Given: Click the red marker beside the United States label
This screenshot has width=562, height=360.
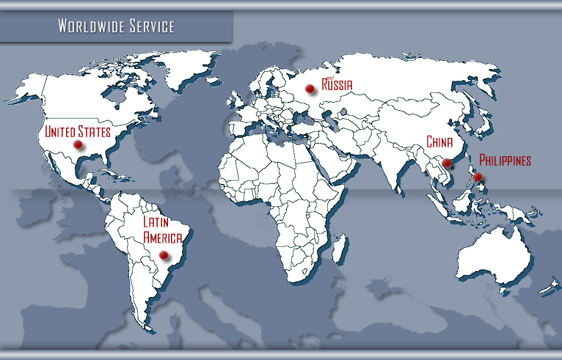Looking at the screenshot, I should pyautogui.click(x=78, y=145).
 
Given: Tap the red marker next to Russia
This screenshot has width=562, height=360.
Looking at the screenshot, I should pyautogui.click(x=310, y=89).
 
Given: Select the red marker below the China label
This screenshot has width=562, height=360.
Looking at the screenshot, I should pyautogui.click(x=446, y=162).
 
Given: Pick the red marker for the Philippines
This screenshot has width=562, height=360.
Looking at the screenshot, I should pyautogui.click(x=478, y=177).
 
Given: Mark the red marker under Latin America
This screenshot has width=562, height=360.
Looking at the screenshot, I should pyautogui.click(x=164, y=255).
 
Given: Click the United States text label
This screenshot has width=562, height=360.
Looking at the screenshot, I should pyautogui.click(x=77, y=132).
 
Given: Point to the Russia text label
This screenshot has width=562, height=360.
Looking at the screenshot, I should pyautogui.click(x=337, y=85).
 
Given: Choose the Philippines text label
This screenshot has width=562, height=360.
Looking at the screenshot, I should pyautogui.click(x=505, y=160).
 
